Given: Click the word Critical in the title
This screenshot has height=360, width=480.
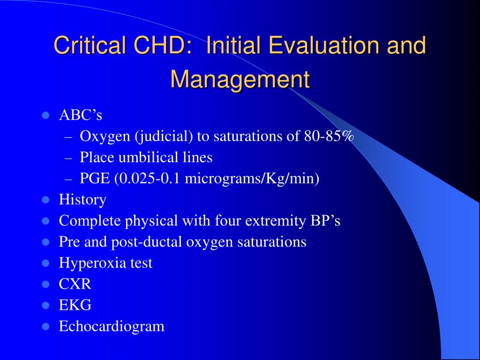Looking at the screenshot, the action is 90,45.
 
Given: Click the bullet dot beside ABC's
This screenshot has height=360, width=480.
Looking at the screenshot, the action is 45,116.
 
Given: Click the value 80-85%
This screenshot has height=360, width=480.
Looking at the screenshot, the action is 329,136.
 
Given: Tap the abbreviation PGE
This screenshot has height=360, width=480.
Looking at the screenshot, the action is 95,178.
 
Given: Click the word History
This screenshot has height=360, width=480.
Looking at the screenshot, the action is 82,200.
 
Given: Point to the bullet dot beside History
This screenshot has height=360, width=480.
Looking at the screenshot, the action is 45,200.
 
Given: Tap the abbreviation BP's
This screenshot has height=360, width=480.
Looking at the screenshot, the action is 325,221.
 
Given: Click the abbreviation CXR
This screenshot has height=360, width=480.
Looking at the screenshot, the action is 75,284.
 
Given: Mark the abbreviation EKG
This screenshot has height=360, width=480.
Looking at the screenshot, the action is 75,305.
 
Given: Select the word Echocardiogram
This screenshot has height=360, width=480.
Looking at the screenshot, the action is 112,326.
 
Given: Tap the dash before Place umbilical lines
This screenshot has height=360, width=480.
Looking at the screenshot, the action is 68,159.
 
